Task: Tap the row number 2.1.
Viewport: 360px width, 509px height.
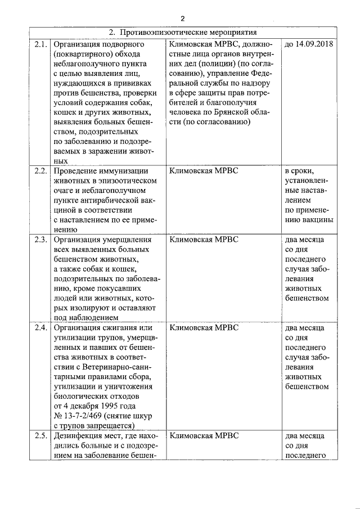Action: [x=40, y=44]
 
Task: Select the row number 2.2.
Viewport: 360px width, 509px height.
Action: [x=40, y=171]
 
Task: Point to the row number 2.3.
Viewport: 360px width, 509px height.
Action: [x=40, y=240]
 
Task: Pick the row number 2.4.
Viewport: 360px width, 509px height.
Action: [x=40, y=328]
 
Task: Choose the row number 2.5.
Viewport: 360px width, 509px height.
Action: [x=40, y=436]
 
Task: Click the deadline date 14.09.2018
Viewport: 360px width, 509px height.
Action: [x=309, y=44]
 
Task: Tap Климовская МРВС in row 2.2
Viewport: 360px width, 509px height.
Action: [x=204, y=171]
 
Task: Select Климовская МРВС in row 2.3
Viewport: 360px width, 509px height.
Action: [x=204, y=240]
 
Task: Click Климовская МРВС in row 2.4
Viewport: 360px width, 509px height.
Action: [x=204, y=328]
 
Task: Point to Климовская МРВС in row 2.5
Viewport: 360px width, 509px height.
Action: [x=204, y=436]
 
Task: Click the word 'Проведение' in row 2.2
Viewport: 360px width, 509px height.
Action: [x=76, y=171]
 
